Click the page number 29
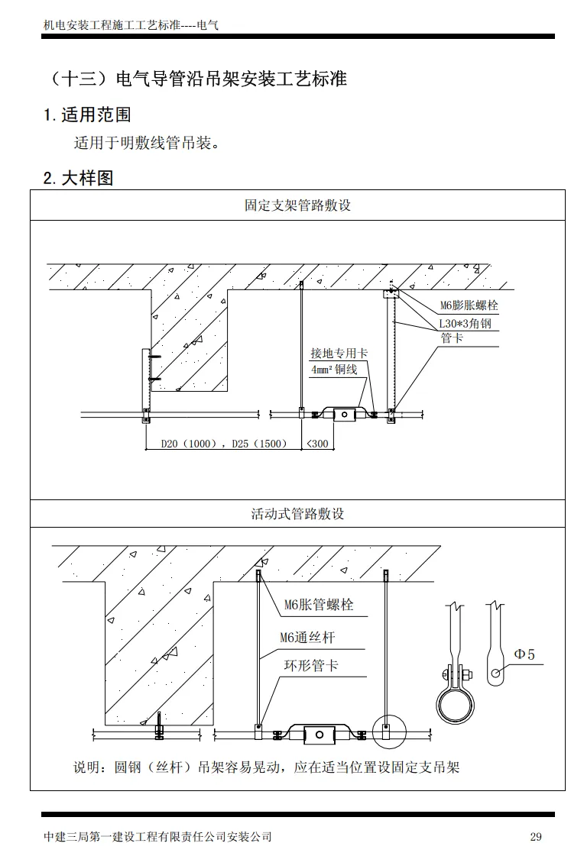coord(535,837)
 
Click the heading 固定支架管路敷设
coord(297,205)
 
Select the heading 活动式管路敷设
coord(297,514)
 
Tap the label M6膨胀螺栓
coord(469,305)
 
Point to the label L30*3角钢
coord(465,323)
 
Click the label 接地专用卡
coord(339,354)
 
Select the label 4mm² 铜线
coord(334,370)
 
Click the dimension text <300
coord(318,443)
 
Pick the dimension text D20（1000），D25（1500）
coord(224,443)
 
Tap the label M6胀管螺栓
coord(319,605)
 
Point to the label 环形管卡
coord(311,665)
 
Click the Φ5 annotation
coord(524,654)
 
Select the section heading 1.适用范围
coord(87,115)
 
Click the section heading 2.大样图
coord(79,178)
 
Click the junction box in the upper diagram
coord(344,414)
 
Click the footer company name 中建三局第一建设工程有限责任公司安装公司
coord(158,837)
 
